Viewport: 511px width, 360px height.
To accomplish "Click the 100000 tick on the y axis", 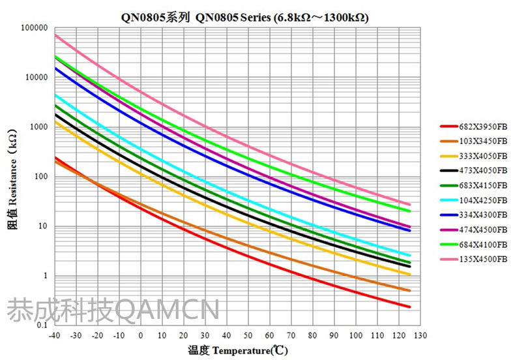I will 35,28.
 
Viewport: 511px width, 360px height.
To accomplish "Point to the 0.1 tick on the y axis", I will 42,325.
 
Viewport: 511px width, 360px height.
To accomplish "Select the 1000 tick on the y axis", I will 38,127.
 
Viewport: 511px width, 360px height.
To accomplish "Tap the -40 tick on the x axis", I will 55,335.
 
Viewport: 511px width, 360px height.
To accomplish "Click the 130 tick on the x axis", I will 420,335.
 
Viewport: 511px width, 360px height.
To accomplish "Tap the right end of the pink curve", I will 409,205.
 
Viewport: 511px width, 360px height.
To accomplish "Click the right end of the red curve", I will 409,307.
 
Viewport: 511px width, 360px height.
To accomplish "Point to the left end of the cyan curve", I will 55,95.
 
